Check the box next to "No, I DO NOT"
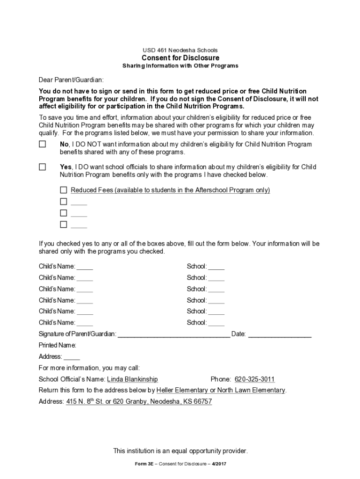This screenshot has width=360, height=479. point(43,145)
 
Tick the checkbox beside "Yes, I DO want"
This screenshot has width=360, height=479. point(43,167)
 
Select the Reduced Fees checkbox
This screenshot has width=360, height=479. point(64,190)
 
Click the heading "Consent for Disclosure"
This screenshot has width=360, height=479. point(180,58)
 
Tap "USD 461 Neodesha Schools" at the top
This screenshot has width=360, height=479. point(180,50)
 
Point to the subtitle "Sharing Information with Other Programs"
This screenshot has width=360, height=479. point(180,66)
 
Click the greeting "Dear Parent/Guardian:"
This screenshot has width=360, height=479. point(71,80)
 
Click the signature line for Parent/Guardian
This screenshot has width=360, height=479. point(173,334)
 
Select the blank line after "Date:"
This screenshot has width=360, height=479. point(280,334)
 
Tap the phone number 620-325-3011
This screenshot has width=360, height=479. point(254,379)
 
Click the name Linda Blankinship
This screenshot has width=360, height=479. point(132,379)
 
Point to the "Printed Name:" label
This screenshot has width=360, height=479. point(58,345)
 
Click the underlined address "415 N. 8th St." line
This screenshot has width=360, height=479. point(139,402)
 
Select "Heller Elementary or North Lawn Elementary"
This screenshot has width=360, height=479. point(221,390)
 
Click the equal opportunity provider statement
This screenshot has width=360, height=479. point(180,451)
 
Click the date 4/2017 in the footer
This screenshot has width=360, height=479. point(219,464)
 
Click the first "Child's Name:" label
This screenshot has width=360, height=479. point(57,267)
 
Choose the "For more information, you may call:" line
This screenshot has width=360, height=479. point(89,368)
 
